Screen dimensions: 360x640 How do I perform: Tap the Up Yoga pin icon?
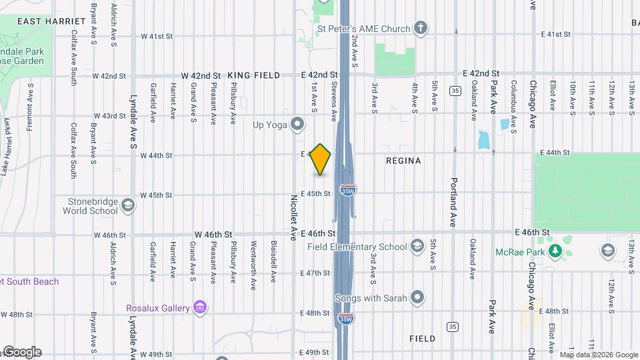297,124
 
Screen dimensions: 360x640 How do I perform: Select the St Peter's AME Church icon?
420,29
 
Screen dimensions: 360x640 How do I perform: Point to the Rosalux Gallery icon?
199,307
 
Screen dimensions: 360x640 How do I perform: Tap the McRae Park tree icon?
555,251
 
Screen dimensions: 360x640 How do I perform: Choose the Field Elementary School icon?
417,247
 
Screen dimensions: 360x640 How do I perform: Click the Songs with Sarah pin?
417,297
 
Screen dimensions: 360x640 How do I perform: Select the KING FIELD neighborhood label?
253,75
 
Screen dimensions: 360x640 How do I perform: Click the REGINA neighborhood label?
403,161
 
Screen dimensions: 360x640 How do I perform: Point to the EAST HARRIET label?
51,21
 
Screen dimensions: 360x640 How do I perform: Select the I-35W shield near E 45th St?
347,190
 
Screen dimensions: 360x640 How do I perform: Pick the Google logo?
21,352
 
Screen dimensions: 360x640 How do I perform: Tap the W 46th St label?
213,235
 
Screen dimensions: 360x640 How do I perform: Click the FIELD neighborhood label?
422,339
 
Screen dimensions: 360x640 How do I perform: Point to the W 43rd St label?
110,116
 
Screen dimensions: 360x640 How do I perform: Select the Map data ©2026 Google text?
599,355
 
